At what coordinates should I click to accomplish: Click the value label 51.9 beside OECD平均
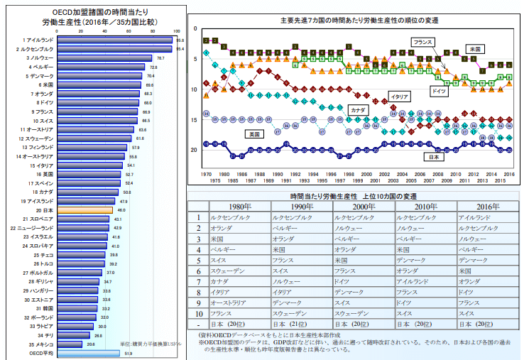[x=129, y=353]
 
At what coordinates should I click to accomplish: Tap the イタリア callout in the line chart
[x=400, y=96]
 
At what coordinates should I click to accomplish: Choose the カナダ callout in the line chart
[x=357, y=110]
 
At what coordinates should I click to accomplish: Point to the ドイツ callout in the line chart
[x=439, y=92]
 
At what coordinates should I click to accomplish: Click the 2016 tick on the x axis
[x=508, y=174]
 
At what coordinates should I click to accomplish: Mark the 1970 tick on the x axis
[x=206, y=174]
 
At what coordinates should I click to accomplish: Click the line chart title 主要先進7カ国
[x=359, y=20]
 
